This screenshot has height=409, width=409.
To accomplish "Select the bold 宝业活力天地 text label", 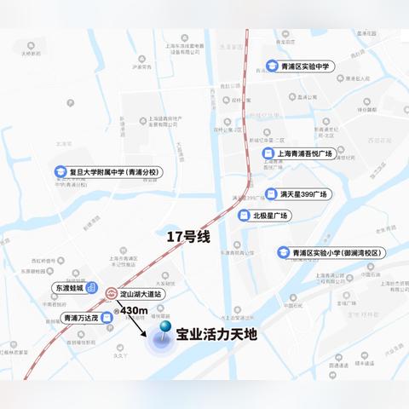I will [x=216, y=335].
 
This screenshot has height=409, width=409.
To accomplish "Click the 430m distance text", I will [x=135, y=311].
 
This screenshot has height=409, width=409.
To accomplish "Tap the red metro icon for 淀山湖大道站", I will [x=109, y=293].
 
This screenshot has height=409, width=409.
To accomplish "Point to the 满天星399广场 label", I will [x=302, y=193].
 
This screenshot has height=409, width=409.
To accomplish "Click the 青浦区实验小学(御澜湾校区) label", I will [x=338, y=252].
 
